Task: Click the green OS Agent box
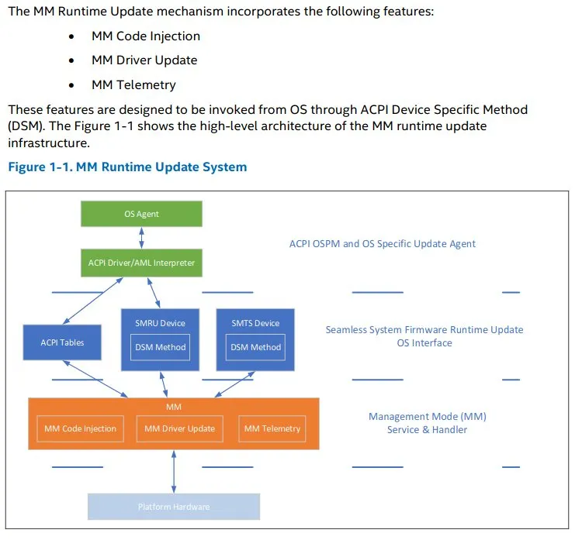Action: coord(141,214)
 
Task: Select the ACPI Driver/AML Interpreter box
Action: coord(141,263)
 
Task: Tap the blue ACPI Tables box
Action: coord(62,342)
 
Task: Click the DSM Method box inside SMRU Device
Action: coord(160,347)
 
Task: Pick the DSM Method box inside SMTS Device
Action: coord(255,347)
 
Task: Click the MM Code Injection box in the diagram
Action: coord(80,428)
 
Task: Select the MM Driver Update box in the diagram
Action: coord(179,428)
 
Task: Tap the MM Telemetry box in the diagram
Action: coord(272,428)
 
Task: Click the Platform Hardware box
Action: coord(173,507)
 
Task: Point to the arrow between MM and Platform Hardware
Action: coord(173,470)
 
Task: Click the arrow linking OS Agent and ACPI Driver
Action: coord(141,238)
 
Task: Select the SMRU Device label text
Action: coord(160,323)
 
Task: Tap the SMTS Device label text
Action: coord(255,323)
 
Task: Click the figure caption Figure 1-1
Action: coord(127,167)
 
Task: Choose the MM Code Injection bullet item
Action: coord(146,36)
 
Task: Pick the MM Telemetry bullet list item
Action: coord(133,84)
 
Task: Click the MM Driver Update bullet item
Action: coord(144,60)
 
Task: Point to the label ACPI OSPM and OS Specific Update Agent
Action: coord(383,243)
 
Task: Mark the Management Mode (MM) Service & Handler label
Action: coord(427,423)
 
